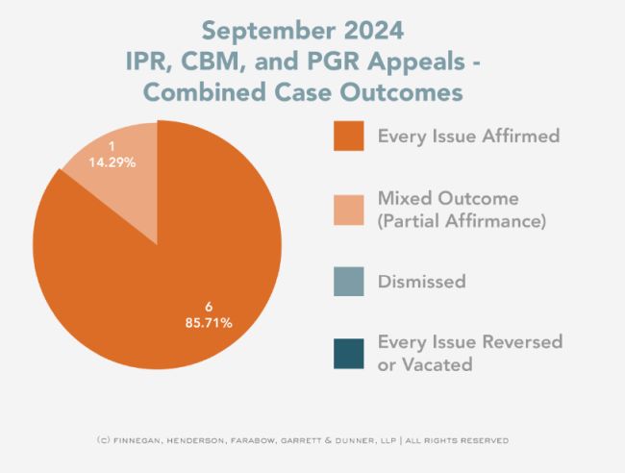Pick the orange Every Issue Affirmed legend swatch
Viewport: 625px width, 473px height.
pos(347,136)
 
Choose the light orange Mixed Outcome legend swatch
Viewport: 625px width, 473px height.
pos(347,209)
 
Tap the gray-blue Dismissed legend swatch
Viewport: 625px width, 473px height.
pos(347,282)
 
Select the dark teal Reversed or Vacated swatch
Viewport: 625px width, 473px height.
pos(347,353)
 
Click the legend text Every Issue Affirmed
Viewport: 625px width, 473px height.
pos(468,136)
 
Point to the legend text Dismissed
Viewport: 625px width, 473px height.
pos(422,282)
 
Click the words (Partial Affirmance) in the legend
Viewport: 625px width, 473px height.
pos(462,221)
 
